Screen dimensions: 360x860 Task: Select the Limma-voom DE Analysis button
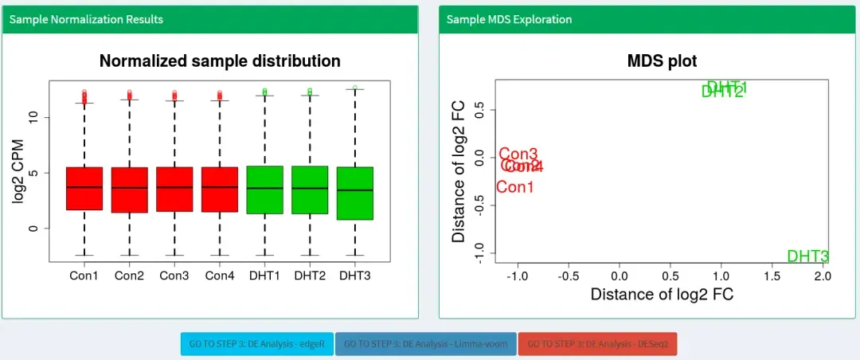426,344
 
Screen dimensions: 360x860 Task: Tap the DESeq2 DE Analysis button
597,344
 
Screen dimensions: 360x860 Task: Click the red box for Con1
84,189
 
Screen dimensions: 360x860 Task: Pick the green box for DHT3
354,193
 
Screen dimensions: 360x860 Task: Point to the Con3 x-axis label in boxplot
174,276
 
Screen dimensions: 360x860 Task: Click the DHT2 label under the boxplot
310,276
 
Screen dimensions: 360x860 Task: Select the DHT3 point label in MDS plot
807,256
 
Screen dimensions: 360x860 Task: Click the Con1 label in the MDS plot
514,187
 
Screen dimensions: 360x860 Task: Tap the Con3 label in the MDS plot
518,155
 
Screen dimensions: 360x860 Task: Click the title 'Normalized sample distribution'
220,61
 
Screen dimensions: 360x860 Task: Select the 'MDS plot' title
662,61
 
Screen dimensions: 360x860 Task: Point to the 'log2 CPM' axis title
18,171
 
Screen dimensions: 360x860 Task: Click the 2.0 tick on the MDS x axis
823,276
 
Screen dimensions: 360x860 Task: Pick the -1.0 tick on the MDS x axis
518,276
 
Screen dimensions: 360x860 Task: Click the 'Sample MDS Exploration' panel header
509,19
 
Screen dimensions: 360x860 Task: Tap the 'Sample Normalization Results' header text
86,19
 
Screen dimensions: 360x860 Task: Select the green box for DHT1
264,190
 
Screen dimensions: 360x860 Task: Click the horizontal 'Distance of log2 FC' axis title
662,294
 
